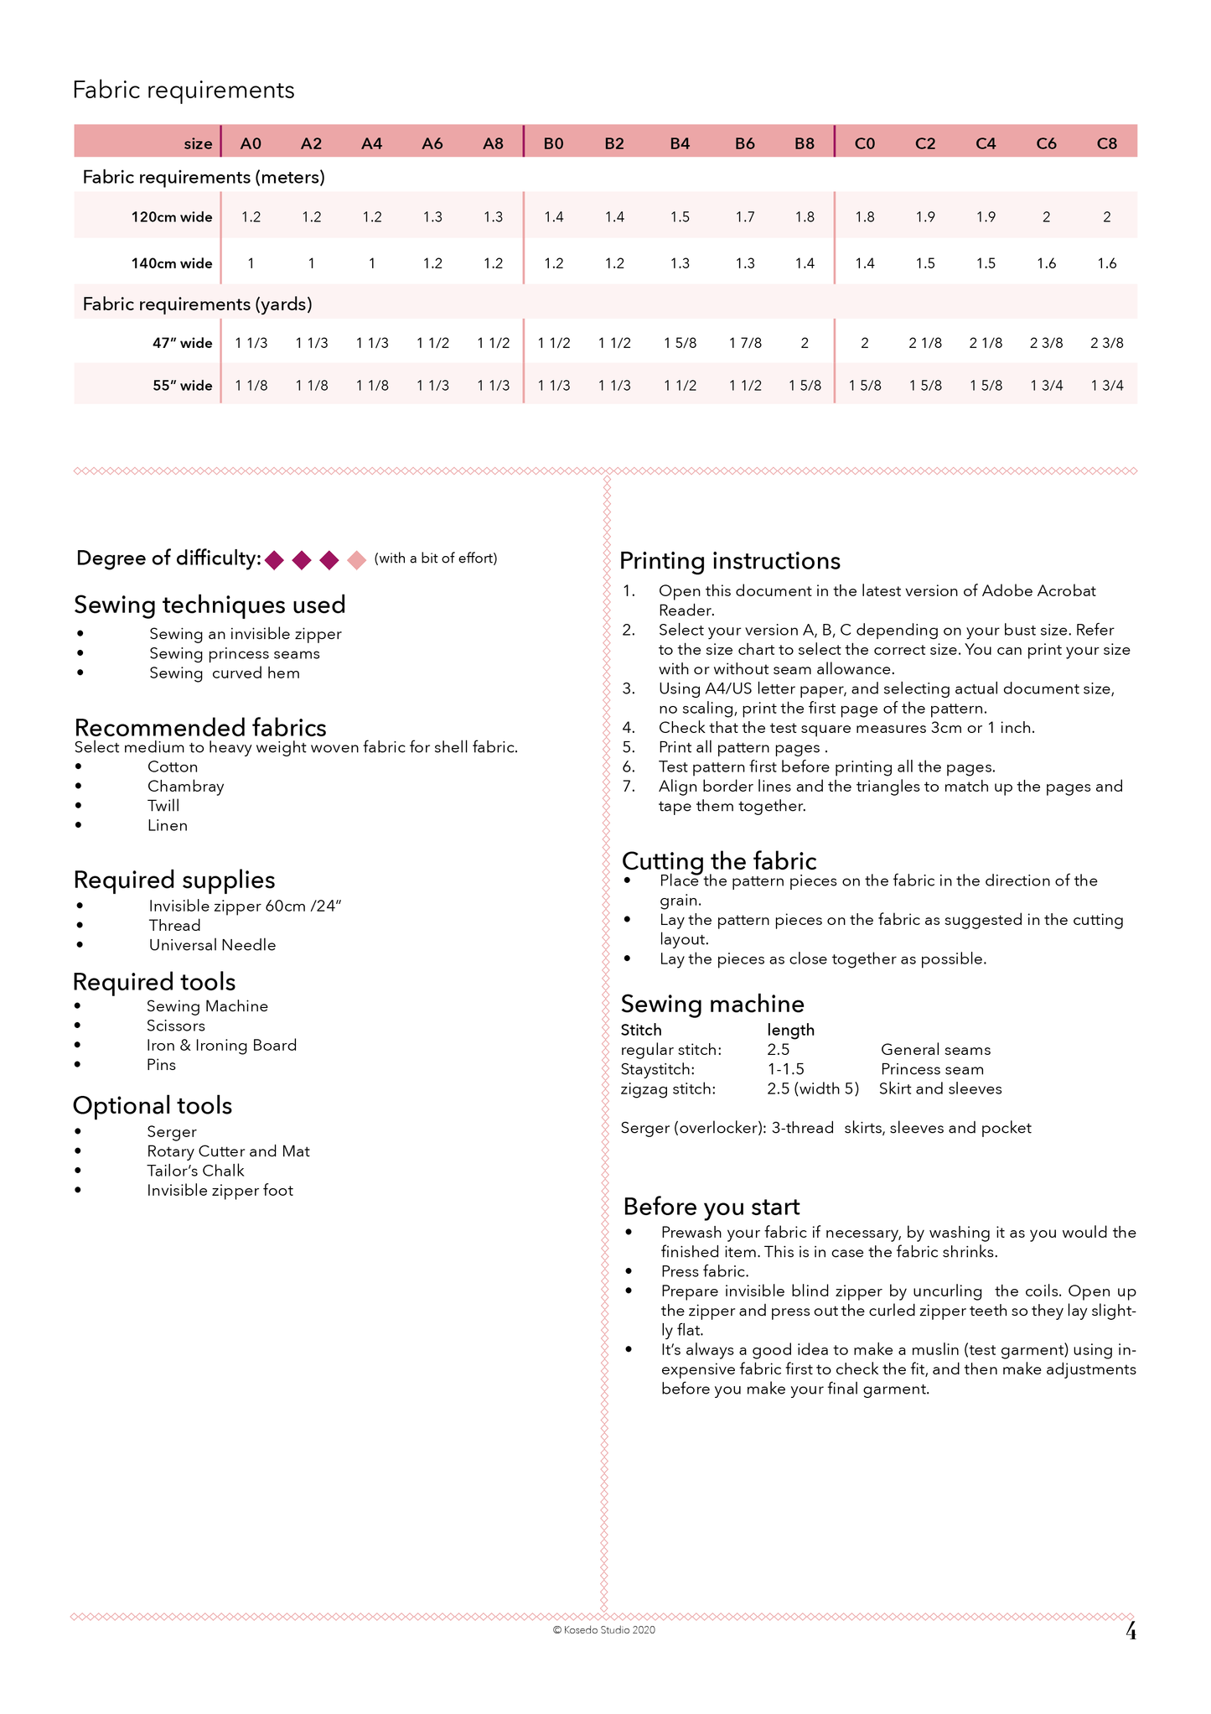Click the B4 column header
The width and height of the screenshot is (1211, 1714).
680,143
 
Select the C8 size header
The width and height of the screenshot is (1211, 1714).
1106,143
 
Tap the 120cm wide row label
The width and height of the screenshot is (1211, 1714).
171,217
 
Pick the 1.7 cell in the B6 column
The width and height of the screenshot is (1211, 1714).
744,217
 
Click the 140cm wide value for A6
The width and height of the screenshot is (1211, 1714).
432,263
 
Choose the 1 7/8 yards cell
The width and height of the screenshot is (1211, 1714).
744,343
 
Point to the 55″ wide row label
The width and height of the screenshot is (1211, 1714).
182,386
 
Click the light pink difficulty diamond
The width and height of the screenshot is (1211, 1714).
357,559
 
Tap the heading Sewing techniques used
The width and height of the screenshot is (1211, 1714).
210,605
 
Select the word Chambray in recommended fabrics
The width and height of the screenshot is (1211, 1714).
185,787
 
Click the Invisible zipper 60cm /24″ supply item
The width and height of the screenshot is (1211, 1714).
245,906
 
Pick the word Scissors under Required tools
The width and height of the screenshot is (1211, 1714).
175,1026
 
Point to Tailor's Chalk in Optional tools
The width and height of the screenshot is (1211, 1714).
195,1171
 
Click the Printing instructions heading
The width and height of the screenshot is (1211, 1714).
729,561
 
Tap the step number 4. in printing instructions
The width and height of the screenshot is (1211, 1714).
629,728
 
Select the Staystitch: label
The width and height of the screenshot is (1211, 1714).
657,1069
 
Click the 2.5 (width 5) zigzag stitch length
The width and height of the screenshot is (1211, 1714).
812,1088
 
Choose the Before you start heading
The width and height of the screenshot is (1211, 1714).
711,1207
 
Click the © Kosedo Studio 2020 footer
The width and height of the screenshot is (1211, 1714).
603,1630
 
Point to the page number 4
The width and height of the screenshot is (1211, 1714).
1131,1631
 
